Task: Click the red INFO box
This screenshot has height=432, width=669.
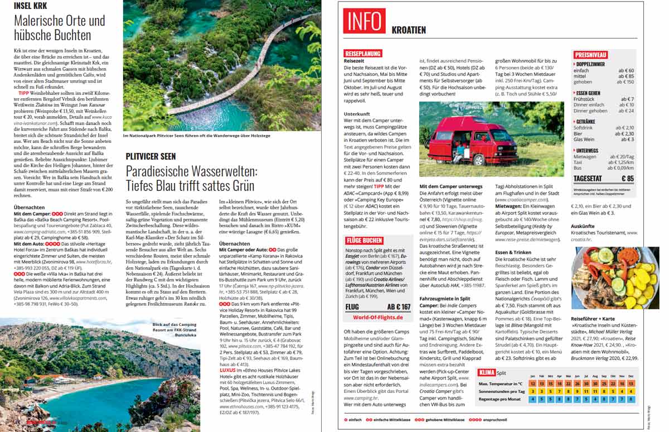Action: [x=365, y=21]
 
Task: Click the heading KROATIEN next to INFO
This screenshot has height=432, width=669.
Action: [x=409, y=30]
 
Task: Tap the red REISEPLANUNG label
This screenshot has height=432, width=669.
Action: [x=363, y=54]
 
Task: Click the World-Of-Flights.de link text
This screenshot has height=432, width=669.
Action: [x=377, y=317]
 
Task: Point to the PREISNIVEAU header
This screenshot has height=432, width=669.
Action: [x=590, y=55]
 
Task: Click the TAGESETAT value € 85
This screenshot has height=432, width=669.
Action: [x=627, y=179]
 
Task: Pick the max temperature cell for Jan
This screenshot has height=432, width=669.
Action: [x=533, y=384]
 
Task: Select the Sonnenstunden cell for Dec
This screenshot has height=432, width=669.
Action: [x=631, y=391]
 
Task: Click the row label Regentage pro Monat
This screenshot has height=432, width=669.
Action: [x=500, y=399]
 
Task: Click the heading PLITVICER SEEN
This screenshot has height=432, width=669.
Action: [x=151, y=156]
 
